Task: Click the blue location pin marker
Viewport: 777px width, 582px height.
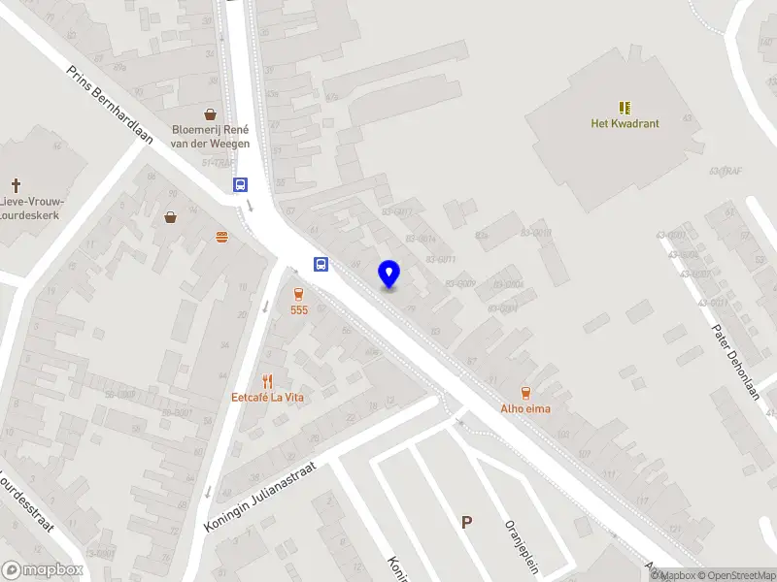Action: coord(389,274)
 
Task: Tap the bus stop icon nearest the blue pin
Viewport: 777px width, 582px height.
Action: coord(321,264)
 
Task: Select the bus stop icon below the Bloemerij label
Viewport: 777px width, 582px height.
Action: coord(240,184)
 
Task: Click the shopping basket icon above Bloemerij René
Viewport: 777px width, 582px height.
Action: coord(211,113)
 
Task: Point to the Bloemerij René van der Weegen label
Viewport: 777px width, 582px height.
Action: coord(210,137)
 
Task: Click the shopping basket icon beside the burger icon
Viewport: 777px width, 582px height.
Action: coord(171,217)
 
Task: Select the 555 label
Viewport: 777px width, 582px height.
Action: coord(298,309)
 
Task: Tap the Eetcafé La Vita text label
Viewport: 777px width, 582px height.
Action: coord(267,396)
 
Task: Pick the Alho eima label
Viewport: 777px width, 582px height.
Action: coord(525,408)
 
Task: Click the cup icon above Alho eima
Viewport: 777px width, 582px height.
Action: coord(525,393)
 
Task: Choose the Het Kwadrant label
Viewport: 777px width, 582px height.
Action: coord(625,123)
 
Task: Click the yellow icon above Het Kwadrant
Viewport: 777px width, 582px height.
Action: coord(625,107)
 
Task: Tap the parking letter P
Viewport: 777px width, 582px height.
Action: coord(467,522)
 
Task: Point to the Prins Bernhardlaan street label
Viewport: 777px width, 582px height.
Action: coord(110,105)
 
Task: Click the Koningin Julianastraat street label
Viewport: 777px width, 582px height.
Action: coord(261,495)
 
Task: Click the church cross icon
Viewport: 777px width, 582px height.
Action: coord(16,184)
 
